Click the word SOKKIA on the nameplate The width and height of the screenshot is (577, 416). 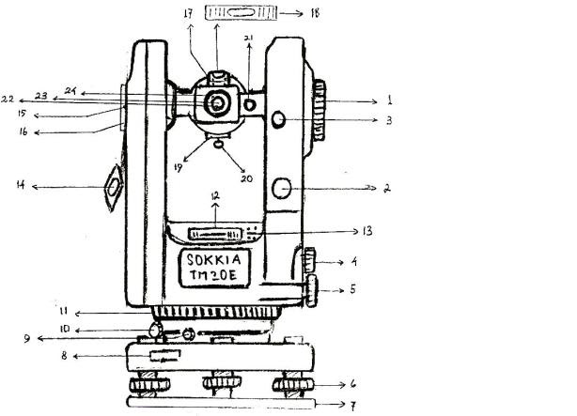pos(214,260)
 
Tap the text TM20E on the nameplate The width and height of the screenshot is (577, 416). pos(213,275)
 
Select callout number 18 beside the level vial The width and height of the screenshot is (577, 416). pos(315,13)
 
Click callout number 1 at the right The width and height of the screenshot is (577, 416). pos(390,100)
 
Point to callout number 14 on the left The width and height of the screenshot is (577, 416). pos(21,185)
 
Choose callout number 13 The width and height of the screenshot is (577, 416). pos(367,231)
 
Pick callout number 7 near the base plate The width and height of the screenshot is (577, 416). pos(352,406)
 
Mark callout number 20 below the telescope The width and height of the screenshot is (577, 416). pos(246,178)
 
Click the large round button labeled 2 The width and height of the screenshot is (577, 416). pos(282,189)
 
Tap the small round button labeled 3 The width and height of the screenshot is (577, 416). pos(278,119)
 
